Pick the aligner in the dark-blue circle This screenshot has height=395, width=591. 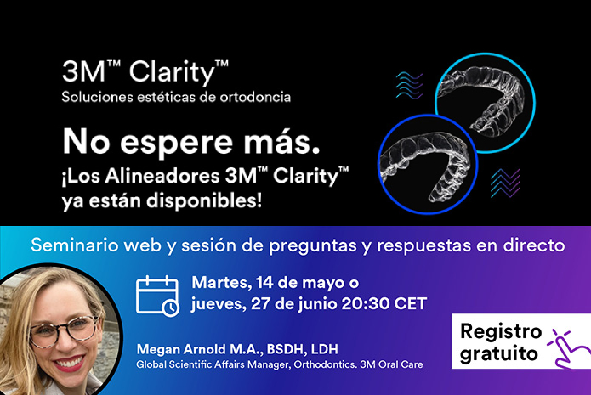[x=424, y=158]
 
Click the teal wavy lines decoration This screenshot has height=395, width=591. [x=410, y=86]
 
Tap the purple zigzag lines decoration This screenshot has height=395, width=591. [x=505, y=183]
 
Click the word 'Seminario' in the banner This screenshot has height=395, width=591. [x=72, y=245]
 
